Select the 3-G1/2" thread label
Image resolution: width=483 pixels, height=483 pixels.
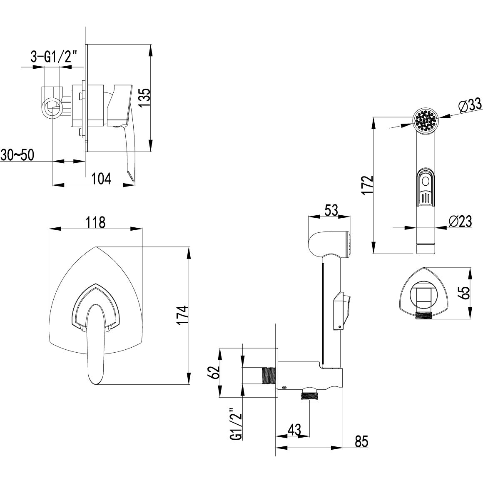pyautogui.click(x=54, y=57)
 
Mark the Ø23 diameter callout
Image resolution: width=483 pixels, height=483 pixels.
pyautogui.click(x=460, y=222)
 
